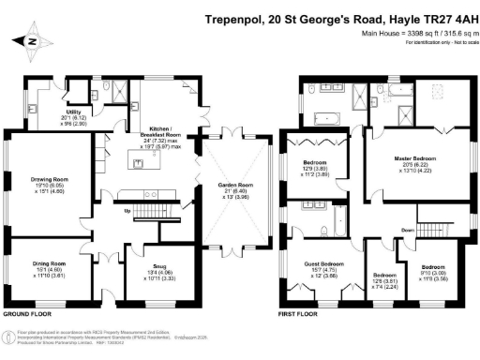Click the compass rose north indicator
[x=32, y=40]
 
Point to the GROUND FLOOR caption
[x=27, y=316]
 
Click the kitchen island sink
[x=139, y=164]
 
